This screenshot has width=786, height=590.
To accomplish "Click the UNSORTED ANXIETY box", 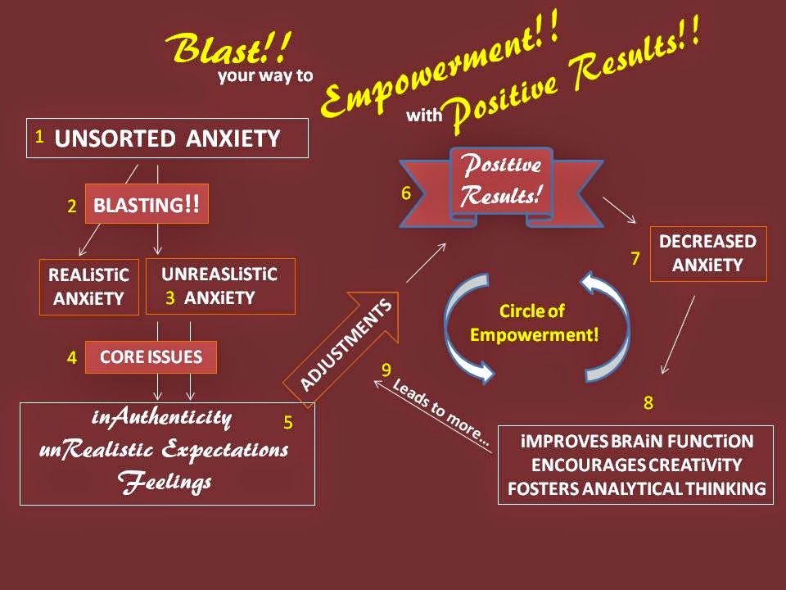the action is (167, 138).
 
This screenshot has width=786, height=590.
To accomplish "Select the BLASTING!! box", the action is (147, 204).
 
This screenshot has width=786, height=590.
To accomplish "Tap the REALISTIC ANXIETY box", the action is (89, 287).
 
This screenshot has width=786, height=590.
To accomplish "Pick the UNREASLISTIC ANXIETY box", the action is (220, 286).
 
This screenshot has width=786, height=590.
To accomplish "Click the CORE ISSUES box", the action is (151, 356).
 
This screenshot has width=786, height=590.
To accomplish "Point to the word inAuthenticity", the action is (161, 418).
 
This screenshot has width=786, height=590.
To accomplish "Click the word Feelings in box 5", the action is (165, 482).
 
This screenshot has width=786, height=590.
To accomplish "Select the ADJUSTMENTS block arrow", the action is (341, 348).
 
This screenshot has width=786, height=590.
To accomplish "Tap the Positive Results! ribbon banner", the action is (501, 187).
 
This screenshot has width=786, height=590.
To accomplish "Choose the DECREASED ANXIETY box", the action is (708, 253).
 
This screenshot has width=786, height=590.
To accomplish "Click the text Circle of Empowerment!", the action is (534, 323).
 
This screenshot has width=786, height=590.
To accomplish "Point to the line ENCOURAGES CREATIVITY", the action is (637, 465).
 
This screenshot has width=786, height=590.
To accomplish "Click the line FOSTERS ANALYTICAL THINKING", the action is (637, 488).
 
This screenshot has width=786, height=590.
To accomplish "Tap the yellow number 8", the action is (648, 402).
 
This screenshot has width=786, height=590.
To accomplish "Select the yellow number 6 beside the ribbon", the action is (406, 193).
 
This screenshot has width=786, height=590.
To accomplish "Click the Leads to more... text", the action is (441, 412).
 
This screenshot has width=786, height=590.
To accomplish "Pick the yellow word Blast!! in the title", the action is (228, 48).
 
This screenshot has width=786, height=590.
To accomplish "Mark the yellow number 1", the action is (39, 137).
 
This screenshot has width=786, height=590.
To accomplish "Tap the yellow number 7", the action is (635, 258).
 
